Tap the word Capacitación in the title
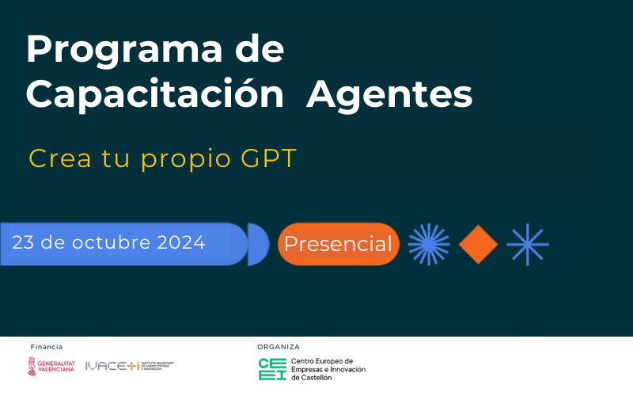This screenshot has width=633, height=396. point(154,96)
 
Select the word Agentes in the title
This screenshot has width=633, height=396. point(389,96)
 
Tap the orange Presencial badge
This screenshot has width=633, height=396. point(338,244)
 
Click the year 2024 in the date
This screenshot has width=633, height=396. point(181,242)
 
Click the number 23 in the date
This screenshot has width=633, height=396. point(23,242)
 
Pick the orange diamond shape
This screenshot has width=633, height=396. point(478,244)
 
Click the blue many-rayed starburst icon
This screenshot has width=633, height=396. point(429,244)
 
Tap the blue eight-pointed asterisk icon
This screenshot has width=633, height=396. point(528,244)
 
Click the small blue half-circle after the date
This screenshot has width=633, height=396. point(257,244)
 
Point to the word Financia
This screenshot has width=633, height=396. point(46,347)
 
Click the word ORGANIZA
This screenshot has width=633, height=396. point(279,347)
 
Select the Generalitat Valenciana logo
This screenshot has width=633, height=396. point(51,366)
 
